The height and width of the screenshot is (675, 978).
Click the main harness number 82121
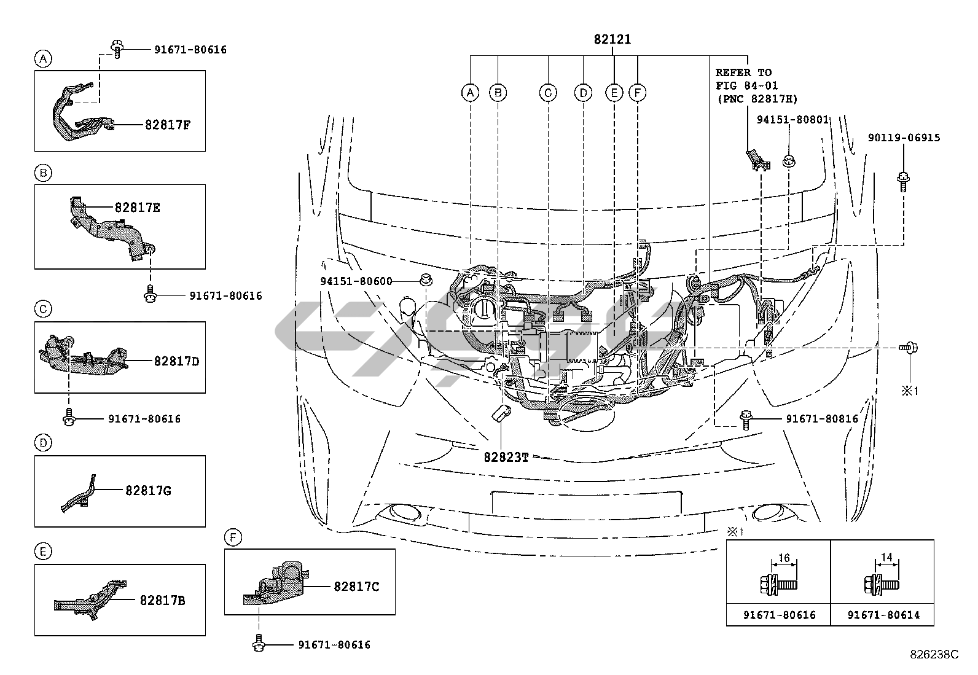612,40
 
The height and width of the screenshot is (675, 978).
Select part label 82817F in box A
168,124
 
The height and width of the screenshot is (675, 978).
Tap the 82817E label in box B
137,208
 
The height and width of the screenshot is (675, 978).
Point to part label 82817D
176,361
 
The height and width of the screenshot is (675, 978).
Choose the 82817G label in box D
148,490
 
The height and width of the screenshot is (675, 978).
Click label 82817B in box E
162,600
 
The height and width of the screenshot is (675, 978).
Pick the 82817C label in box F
356,587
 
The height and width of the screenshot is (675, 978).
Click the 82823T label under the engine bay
506,457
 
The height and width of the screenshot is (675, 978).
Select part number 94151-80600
356,281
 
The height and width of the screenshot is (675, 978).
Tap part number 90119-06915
903,138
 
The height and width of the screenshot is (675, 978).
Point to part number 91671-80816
822,419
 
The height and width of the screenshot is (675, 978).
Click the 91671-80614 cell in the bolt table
883,615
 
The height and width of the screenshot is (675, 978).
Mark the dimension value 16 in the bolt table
783,558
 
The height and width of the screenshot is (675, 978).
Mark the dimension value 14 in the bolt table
886,558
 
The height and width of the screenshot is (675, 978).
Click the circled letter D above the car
582,93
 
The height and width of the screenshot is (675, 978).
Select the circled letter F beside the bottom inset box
233,539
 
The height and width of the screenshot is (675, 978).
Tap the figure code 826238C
934,654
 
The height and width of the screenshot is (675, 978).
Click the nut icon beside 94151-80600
424,280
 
